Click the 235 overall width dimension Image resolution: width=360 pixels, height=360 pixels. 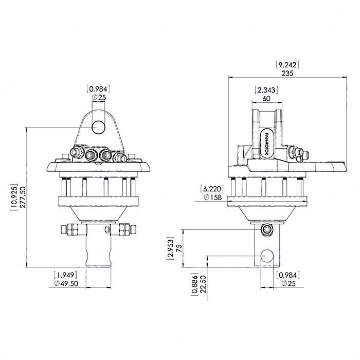(288, 73)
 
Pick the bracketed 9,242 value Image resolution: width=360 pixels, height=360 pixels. (288, 65)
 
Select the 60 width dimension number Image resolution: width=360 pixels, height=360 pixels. (266, 98)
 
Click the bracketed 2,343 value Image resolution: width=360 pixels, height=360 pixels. (266, 90)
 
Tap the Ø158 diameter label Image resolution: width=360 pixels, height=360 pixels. (212, 197)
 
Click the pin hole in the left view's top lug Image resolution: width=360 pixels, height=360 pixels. (98, 126)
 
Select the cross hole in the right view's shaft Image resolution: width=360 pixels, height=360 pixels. (266, 256)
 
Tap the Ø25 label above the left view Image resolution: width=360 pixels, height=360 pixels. (98, 97)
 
